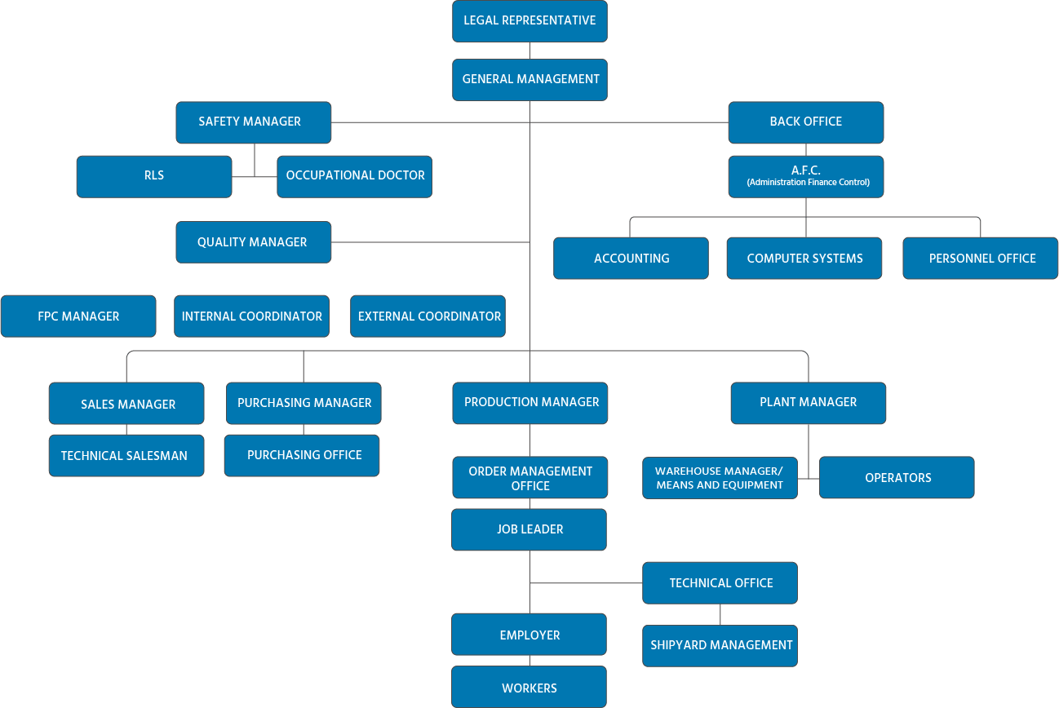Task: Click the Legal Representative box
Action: (x=529, y=20)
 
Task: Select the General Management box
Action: (x=529, y=79)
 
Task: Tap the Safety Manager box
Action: (x=253, y=122)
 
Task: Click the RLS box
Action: (x=154, y=175)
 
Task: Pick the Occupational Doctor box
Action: (x=354, y=175)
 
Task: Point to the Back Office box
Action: (x=805, y=122)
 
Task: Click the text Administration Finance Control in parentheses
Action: (x=808, y=183)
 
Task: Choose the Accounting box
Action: (x=631, y=258)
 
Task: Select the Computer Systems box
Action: (x=804, y=258)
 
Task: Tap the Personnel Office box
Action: (x=981, y=258)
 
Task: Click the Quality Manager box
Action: (x=253, y=242)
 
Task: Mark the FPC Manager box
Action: (x=78, y=316)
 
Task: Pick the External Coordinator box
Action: (x=428, y=316)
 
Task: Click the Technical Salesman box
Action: (x=126, y=455)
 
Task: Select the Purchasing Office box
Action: (x=303, y=455)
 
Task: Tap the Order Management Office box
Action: (x=529, y=478)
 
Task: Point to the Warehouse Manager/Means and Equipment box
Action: (x=720, y=478)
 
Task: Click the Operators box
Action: (x=897, y=478)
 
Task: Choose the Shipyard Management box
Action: (x=720, y=645)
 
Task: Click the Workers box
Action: (x=529, y=688)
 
